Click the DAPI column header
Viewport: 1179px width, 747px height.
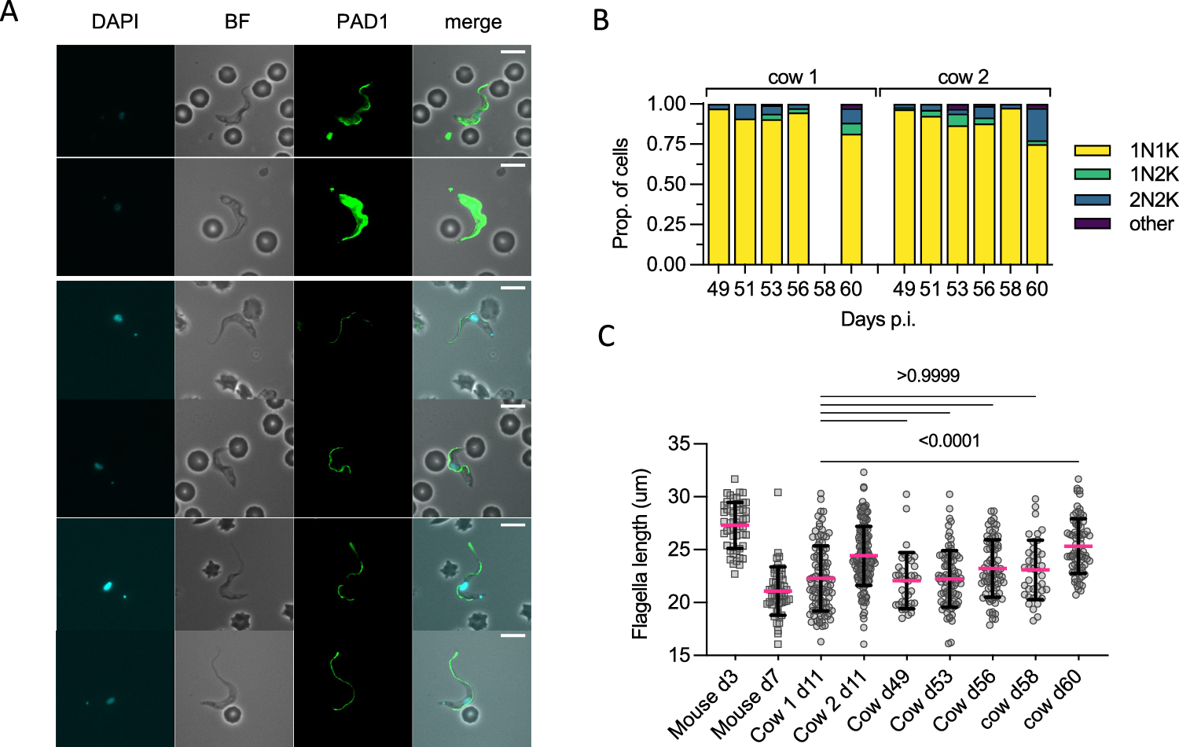click(115, 21)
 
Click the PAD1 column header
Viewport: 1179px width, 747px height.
click(362, 21)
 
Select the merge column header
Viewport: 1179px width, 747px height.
click(472, 22)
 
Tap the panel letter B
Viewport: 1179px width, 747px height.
click(601, 20)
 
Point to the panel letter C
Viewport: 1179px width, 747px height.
click(606, 337)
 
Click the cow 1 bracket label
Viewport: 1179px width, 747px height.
click(792, 77)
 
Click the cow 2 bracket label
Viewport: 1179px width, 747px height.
click(963, 77)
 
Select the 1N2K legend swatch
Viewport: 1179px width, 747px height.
click(1092, 175)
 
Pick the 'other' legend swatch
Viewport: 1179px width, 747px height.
click(1092, 224)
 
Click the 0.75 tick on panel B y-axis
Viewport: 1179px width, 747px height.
click(667, 144)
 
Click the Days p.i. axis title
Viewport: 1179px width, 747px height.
click(878, 319)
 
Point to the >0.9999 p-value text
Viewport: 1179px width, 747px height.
click(927, 376)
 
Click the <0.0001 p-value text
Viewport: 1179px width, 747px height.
click(949, 440)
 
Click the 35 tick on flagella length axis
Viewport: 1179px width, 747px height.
click(678, 443)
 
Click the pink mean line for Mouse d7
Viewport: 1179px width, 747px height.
click(777, 591)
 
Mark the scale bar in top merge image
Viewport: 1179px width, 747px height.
click(512, 52)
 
